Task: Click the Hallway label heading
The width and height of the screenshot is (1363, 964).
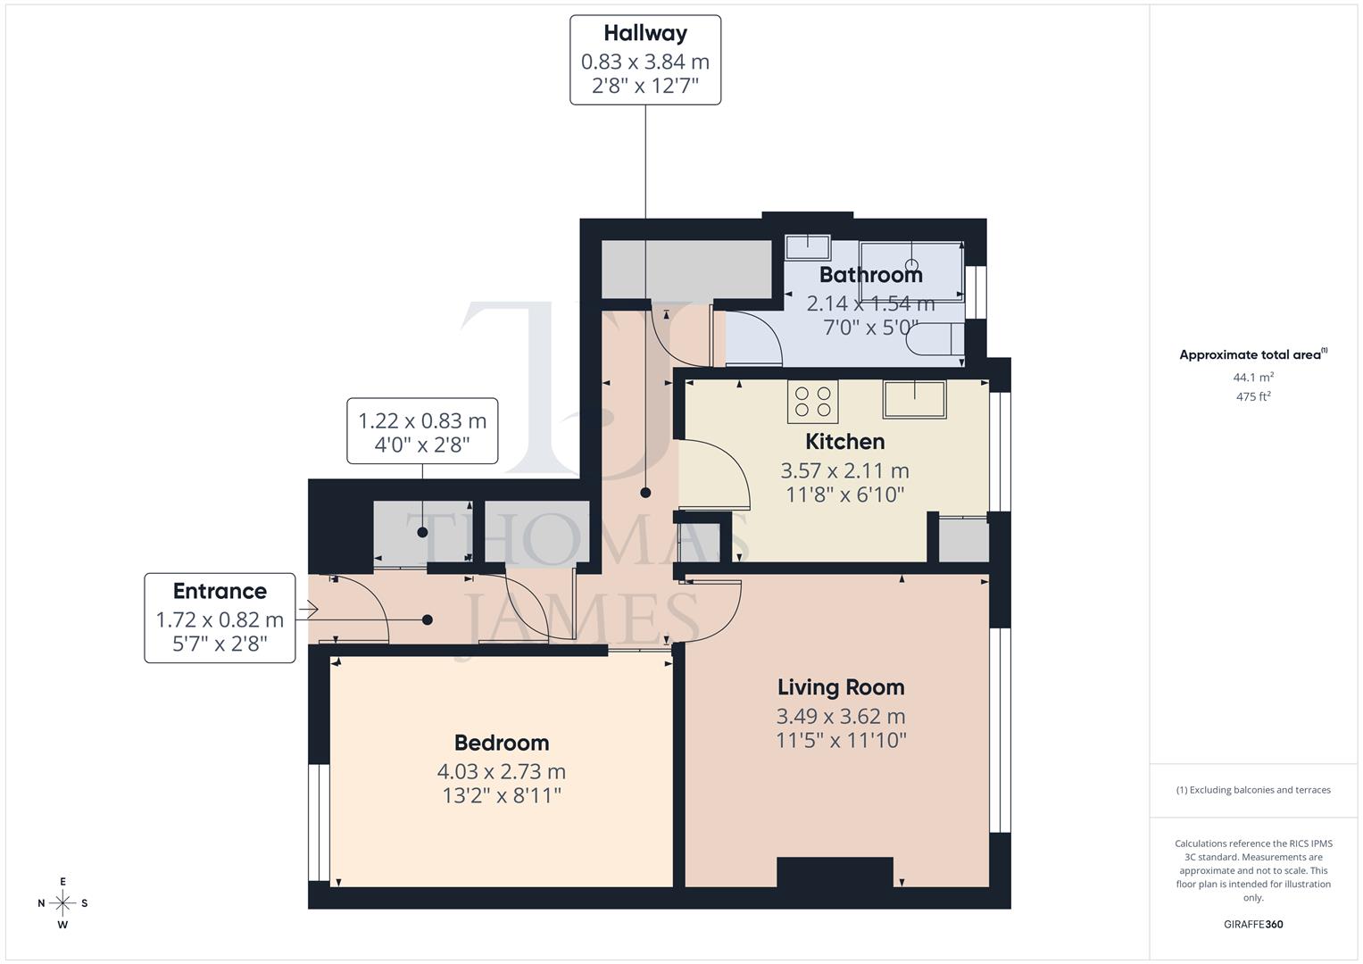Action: tap(644, 34)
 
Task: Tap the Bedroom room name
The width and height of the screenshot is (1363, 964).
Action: tap(501, 743)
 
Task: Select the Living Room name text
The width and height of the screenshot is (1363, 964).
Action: tap(840, 687)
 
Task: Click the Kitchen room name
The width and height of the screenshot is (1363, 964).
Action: tap(844, 442)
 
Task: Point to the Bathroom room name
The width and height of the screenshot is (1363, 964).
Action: tap(870, 275)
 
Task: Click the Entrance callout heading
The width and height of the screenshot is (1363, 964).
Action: tap(220, 592)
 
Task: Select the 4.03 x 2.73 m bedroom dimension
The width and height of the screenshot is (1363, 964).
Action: tap(501, 771)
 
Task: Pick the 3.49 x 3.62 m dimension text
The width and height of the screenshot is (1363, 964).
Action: tap(840, 716)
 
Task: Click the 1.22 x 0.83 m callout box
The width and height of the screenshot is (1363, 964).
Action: tap(422, 431)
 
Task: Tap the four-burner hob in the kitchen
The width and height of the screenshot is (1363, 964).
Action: tap(812, 402)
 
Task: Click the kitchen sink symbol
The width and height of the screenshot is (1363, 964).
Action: tap(914, 399)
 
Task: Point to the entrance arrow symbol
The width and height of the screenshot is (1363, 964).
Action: tap(308, 611)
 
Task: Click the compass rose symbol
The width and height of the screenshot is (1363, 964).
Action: tap(62, 903)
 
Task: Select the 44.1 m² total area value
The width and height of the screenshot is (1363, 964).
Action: tap(1253, 378)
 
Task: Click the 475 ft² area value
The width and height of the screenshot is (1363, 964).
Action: tap(1253, 397)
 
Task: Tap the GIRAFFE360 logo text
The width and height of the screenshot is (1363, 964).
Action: tap(1253, 925)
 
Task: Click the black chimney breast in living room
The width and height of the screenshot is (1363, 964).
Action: tap(835, 872)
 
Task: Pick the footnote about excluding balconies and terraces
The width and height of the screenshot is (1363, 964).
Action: tap(1253, 790)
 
